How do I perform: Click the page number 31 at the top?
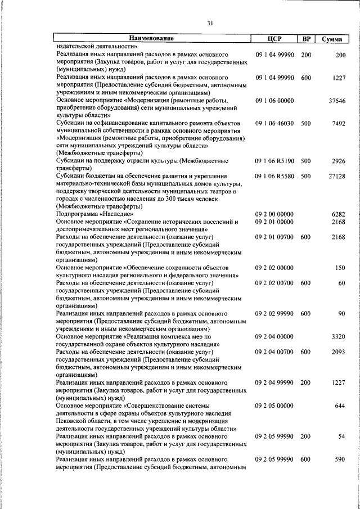click(x=209, y=23)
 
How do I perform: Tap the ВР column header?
click(x=307, y=39)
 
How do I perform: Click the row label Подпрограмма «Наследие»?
click(x=94, y=214)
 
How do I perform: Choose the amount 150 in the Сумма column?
click(x=340, y=268)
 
